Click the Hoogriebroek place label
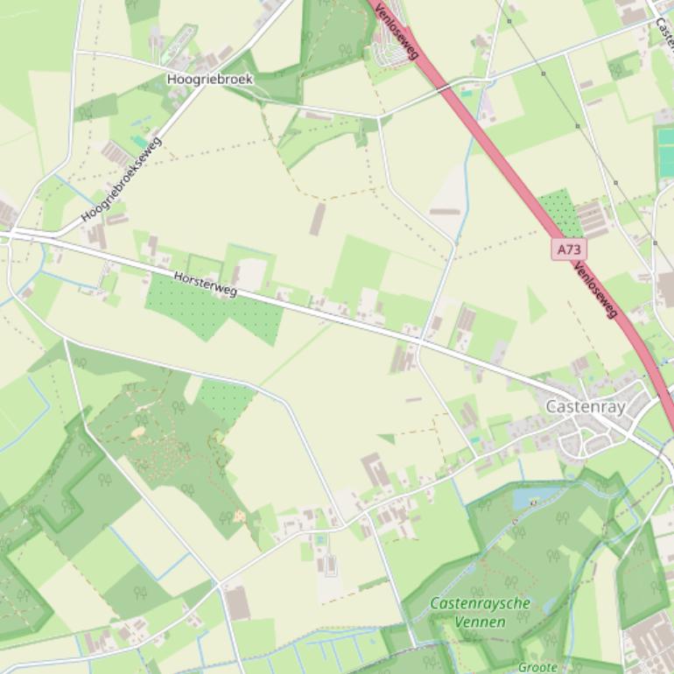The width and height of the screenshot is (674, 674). click(209, 79)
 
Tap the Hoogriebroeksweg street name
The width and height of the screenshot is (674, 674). click(122, 179)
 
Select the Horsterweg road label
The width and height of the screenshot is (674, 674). click(205, 283)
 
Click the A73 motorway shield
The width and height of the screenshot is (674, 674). click(569, 249)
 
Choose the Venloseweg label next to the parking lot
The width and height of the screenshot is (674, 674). click(397, 31)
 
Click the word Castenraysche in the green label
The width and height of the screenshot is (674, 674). click(480, 604)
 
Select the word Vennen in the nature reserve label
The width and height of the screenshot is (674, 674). click(480, 621)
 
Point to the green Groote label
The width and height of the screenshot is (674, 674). click(537, 667)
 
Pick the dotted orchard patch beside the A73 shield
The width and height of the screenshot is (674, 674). click(559, 212)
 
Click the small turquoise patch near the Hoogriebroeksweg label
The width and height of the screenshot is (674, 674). click(140, 141)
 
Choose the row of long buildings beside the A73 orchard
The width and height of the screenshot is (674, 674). click(592, 219)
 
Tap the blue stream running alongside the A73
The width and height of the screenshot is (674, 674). click(461, 175)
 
